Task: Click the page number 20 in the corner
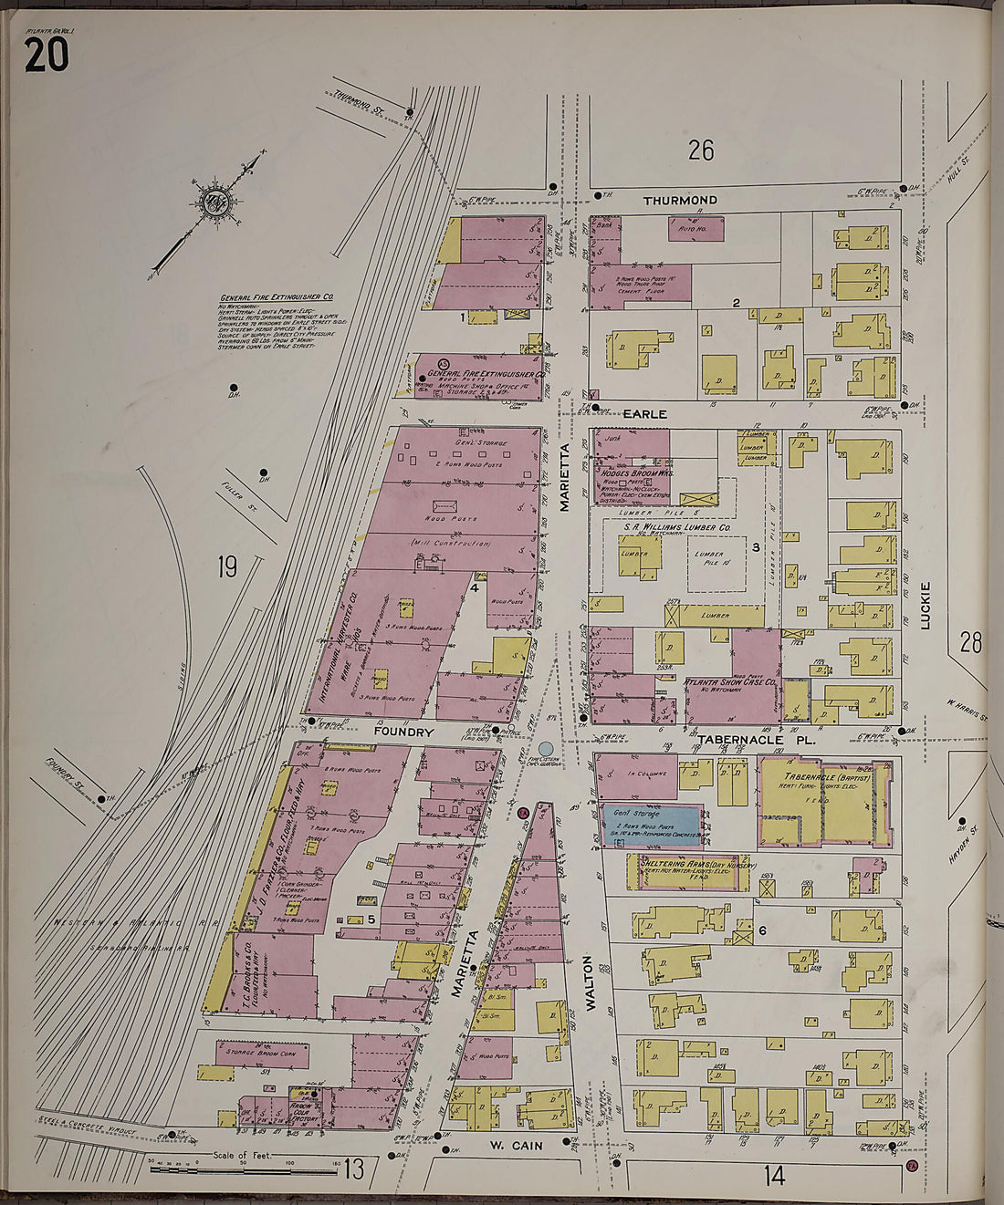click(46, 55)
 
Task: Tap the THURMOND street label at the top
click(679, 200)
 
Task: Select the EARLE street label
click(644, 413)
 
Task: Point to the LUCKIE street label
click(925, 606)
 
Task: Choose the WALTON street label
click(590, 983)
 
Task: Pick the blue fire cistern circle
click(546, 749)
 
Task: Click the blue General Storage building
click(653, 824)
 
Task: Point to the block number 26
click(700, 151)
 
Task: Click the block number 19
click(227, 567)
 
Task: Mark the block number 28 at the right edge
click(970, 642)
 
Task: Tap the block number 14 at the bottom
click(773, 1176)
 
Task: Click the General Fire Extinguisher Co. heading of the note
click(276, 297)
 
